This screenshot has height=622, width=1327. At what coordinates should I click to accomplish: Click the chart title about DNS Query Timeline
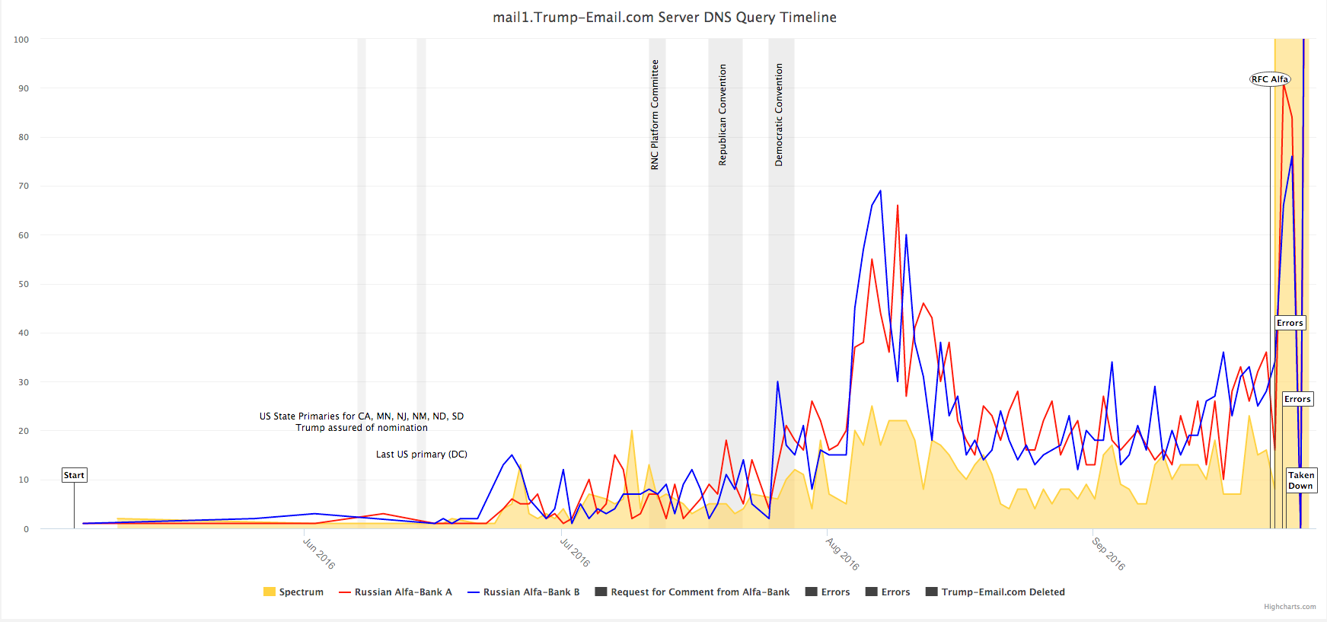tap(664, 18)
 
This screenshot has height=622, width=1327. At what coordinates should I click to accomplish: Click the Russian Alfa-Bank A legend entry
tap(395, 592)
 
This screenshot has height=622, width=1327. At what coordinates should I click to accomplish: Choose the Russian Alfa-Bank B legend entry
tap(524, 592)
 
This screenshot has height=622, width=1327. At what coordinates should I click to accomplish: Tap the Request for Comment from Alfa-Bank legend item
tap(692, 592)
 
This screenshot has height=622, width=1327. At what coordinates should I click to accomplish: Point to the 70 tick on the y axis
tap(24, 186)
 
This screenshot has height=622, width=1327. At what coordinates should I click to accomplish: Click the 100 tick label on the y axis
tap(21, 40)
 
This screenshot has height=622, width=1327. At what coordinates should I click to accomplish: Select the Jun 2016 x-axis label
tap(319, 553)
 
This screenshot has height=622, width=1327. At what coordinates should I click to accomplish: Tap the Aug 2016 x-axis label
tap(843, 553)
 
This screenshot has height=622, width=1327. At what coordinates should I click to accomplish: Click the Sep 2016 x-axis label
tap(1108, 553)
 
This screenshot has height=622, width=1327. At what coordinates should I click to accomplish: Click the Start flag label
tap(74, 475)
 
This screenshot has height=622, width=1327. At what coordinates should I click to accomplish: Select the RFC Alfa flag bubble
tap(1270, 79)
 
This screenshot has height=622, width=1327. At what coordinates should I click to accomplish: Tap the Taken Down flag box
tap(1301, 480)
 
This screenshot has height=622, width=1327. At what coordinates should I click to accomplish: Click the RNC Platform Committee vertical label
tap(655, 114)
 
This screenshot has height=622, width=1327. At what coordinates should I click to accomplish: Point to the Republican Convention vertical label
tap(723, 114)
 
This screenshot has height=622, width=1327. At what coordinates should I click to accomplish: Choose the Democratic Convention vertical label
tap(779, 114)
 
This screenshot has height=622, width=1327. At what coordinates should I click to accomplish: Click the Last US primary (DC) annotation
tap(422, 455)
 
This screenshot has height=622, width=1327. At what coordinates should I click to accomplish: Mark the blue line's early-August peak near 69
tap(880, 191)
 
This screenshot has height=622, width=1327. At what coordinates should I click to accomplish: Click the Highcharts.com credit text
tap(1290, 607)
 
